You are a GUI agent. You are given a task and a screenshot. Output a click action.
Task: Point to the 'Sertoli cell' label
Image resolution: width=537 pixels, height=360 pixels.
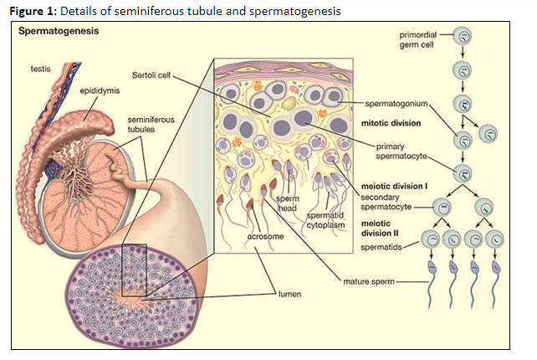[x=153, y=75]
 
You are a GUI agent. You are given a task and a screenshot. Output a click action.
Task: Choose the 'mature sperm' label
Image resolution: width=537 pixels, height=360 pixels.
[x=368, y=282]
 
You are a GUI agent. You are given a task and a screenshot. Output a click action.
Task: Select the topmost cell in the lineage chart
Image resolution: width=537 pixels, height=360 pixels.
[x=466, y=37]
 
